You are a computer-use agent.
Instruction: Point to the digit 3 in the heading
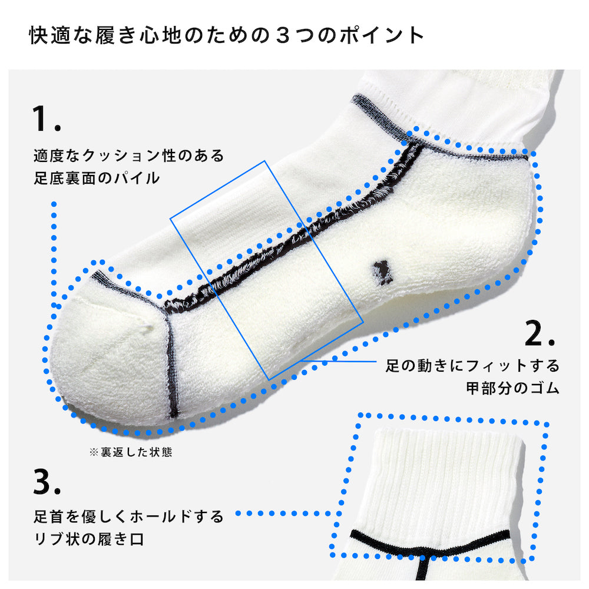point(283,35)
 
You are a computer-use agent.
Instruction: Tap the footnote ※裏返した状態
point(131,452)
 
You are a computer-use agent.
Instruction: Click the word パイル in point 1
point(137,178)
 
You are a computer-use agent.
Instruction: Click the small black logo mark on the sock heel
point(382,273)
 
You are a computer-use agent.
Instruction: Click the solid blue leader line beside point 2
point(338,362)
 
